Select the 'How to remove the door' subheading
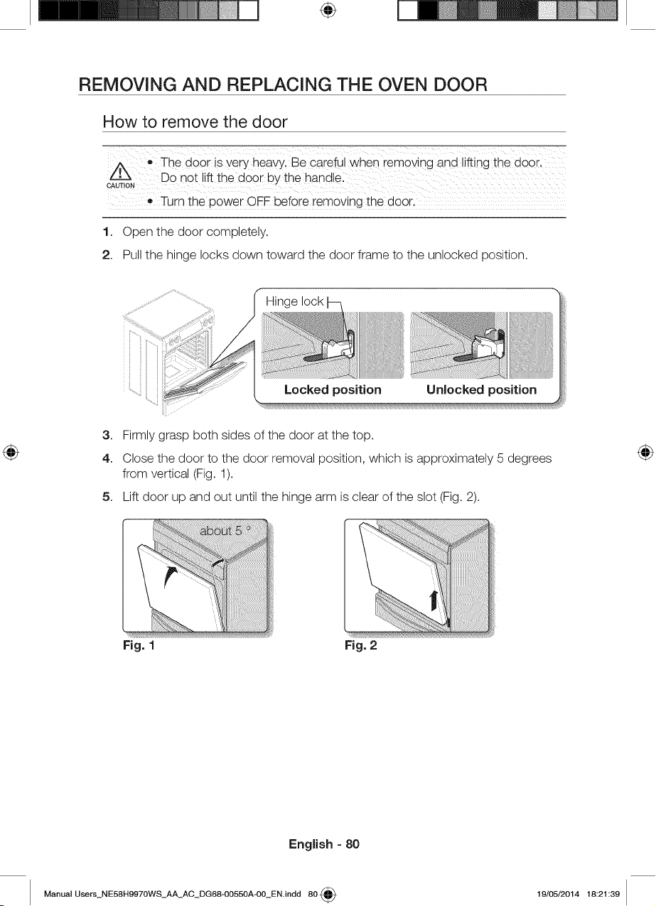195,122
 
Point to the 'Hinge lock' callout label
294,302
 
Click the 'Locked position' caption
333,389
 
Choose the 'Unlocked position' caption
481,389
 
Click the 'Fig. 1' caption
139,645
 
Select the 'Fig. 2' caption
360,645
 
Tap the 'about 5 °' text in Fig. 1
225,531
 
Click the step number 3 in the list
106,435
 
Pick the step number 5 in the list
106,497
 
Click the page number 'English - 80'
324,843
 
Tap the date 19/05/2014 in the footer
558,893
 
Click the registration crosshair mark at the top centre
328,11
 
